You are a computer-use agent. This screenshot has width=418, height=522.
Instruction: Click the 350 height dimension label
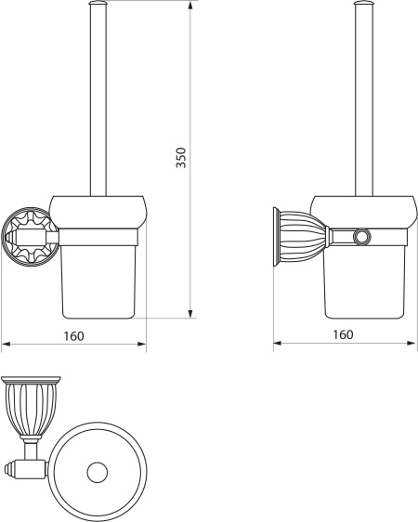point(181,158)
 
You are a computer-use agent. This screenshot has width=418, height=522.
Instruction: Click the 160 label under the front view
point(74,336)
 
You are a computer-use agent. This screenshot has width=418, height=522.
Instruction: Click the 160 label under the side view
point(343,334)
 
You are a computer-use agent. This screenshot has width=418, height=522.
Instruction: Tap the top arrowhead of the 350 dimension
point(190,6)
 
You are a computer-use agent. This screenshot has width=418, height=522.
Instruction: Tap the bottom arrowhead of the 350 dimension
point(190,314)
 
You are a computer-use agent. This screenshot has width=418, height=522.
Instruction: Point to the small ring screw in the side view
point(360,237)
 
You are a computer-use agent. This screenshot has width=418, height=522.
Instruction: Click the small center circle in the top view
point(98,473)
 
